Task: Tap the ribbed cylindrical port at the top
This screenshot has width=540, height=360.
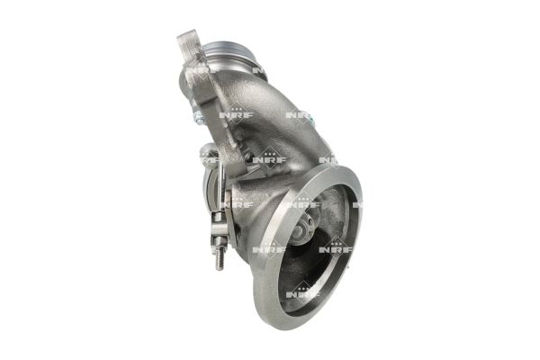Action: [x=229, y=52]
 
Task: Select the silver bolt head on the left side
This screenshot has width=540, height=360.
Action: [x=198, y=117]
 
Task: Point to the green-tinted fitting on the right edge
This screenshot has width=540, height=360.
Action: [x=312, y=119]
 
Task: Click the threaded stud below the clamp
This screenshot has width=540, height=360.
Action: [x=220, y=257]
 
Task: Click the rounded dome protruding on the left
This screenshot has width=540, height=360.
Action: [x=209, y=150]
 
